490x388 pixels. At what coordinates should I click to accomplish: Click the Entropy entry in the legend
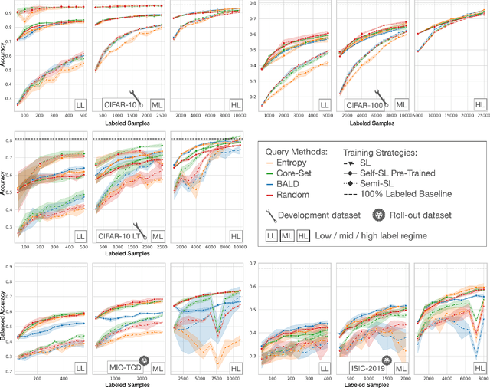(284, 164)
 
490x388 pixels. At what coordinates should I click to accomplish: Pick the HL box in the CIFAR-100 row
(480, 104)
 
